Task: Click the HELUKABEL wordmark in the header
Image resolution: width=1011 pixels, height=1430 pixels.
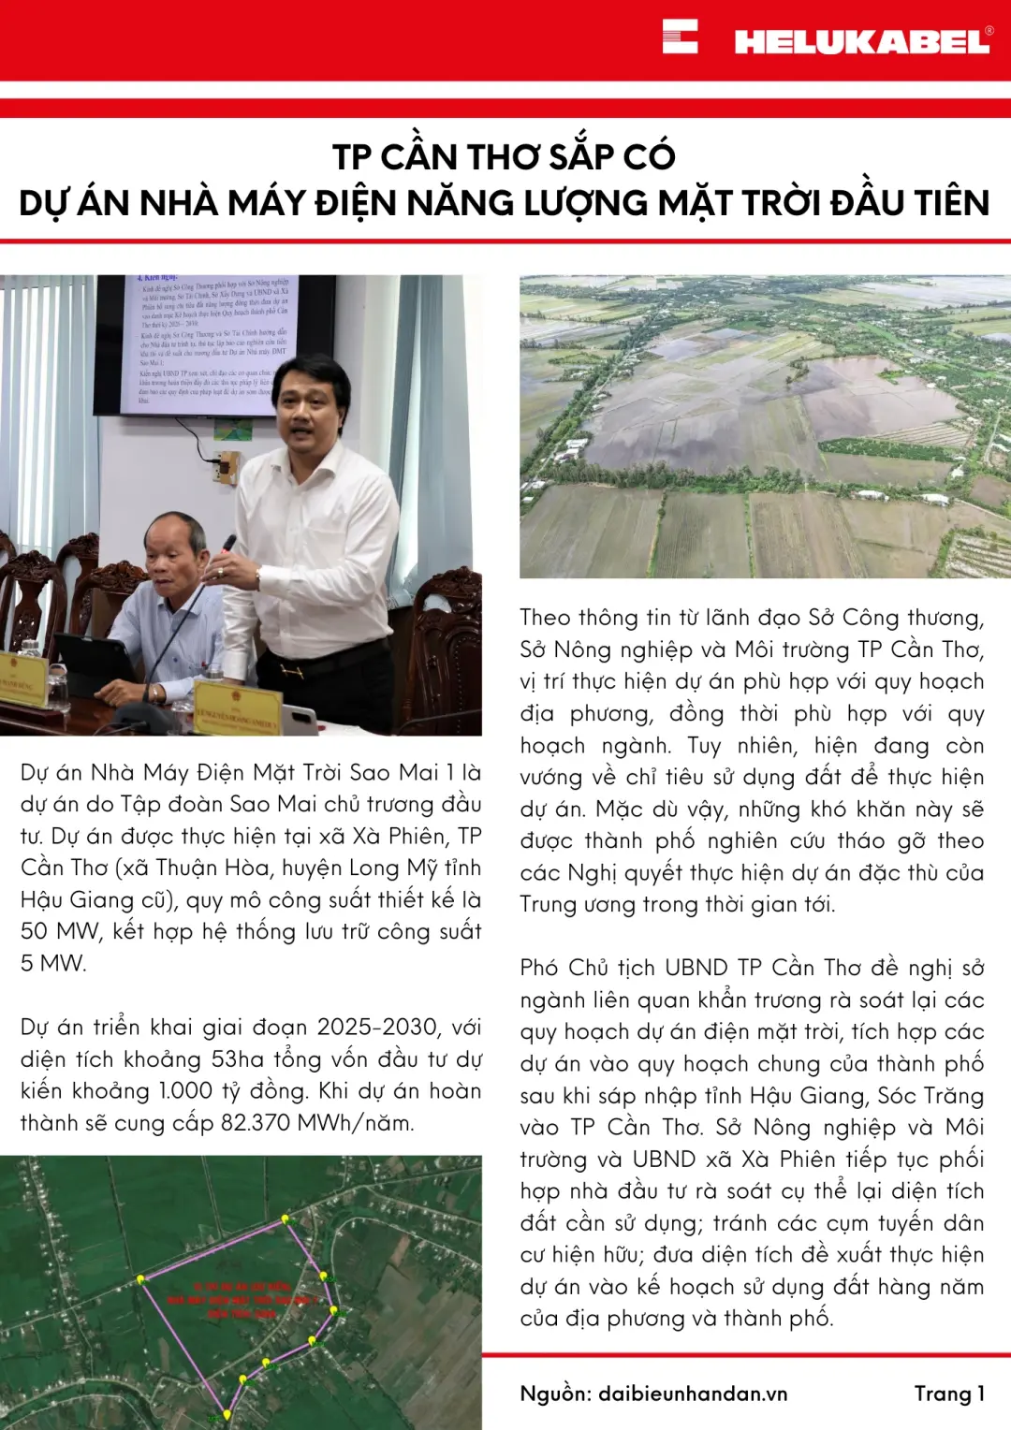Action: click(x=861, y=41)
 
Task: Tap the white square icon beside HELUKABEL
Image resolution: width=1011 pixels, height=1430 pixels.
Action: click(x=680, y=36)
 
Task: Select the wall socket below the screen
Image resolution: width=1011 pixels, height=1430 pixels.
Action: click(x=226, y=465)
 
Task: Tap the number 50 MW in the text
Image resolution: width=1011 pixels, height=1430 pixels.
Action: click(x=61, y=931)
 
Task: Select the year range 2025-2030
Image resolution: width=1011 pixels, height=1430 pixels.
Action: click(x=377, y=1027)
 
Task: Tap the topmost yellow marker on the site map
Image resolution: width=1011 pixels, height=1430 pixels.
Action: click(x=286, y=1219)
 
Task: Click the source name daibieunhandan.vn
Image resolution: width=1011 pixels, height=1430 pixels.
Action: click(x=693, y=1394)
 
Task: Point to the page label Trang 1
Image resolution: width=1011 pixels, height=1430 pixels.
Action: click(x=949, y=1394)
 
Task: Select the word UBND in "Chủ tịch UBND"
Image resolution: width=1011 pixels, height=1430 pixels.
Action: click(x=696, y=968)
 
